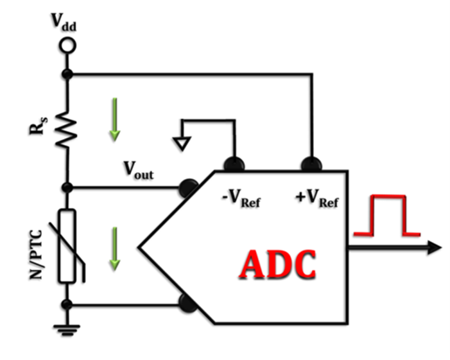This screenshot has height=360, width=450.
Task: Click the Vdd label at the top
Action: tap(64, 22)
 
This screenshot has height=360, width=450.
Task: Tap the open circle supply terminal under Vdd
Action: tap(67, 45)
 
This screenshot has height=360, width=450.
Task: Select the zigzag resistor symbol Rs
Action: tap(66, 128)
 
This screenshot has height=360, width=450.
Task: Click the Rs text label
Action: tap(38, 126)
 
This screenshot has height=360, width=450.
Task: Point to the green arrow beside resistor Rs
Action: tap(114, 120)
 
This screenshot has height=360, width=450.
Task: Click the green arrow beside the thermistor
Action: tap(114, 248)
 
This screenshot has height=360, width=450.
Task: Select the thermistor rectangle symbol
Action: tap(67, 246)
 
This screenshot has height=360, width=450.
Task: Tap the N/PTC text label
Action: tap(36, 254)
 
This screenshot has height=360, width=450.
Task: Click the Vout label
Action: tap(138, 170)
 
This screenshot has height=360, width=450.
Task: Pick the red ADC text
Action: tap(278, 265)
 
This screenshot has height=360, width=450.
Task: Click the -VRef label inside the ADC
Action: tap(241, 198)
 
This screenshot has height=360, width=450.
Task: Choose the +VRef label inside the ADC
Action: tap(317, 198)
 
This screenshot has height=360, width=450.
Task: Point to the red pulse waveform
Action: tap(387, 216)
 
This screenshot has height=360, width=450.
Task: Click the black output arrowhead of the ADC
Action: tap(434, 248)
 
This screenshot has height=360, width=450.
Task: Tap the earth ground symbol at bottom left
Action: tap(67, 329)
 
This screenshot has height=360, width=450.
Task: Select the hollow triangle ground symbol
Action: tap(182, 143)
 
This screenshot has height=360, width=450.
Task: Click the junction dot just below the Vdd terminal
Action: tap(67, 74)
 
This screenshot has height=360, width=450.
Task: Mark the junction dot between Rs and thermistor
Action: tap(67, 187)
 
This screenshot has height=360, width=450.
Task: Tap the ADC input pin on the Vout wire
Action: tap(188, 188)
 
